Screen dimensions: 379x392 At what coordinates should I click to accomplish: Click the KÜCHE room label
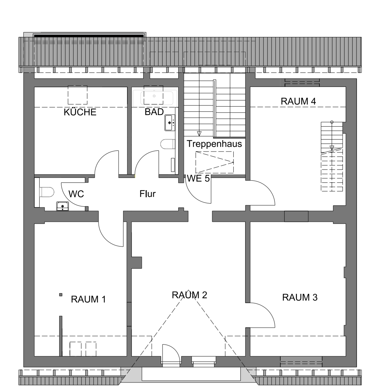click(80, 112)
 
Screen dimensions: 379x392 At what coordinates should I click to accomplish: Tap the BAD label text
click(154, 112)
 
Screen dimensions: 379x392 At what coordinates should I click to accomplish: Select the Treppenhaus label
click(214, 144)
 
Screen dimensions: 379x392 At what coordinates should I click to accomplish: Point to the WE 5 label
click(198, 178)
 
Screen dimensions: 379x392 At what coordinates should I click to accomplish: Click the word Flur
click(147, 194)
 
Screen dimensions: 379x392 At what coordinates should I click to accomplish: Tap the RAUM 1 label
click(88, 299)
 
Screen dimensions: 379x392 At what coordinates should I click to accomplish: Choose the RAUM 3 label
click(300, 297)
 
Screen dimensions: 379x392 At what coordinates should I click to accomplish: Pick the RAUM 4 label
click(298, 101)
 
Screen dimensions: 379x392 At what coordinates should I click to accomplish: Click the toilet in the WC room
click(47, 192)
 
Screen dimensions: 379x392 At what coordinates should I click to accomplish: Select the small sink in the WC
click(62, 206)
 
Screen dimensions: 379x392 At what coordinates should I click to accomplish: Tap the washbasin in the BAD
click(169, 123)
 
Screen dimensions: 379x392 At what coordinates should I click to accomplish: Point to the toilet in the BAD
click(168, 144)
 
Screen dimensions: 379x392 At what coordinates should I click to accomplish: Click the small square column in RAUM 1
click(61, 295)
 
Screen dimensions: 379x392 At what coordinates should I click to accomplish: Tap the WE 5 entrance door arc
click(194, 195)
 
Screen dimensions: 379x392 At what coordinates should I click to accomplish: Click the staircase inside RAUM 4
click(332, 156)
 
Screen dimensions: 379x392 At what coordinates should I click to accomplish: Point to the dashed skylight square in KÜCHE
click(78, 95)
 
